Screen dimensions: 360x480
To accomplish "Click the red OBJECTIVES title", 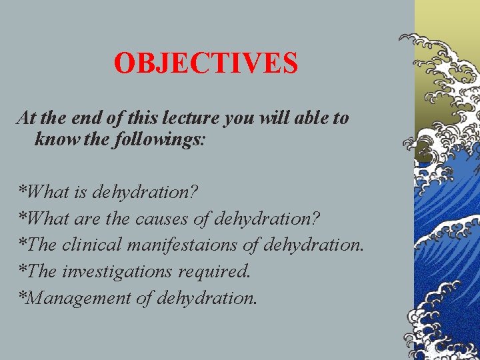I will [x=205, y=64].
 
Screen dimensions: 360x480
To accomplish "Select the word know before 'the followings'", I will [x=52, y=140].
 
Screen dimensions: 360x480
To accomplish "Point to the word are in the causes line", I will [x=84, y=219].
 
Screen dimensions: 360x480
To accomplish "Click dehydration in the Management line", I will [x=207, y=297].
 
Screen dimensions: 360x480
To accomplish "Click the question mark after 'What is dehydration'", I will [x=194, y=193].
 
